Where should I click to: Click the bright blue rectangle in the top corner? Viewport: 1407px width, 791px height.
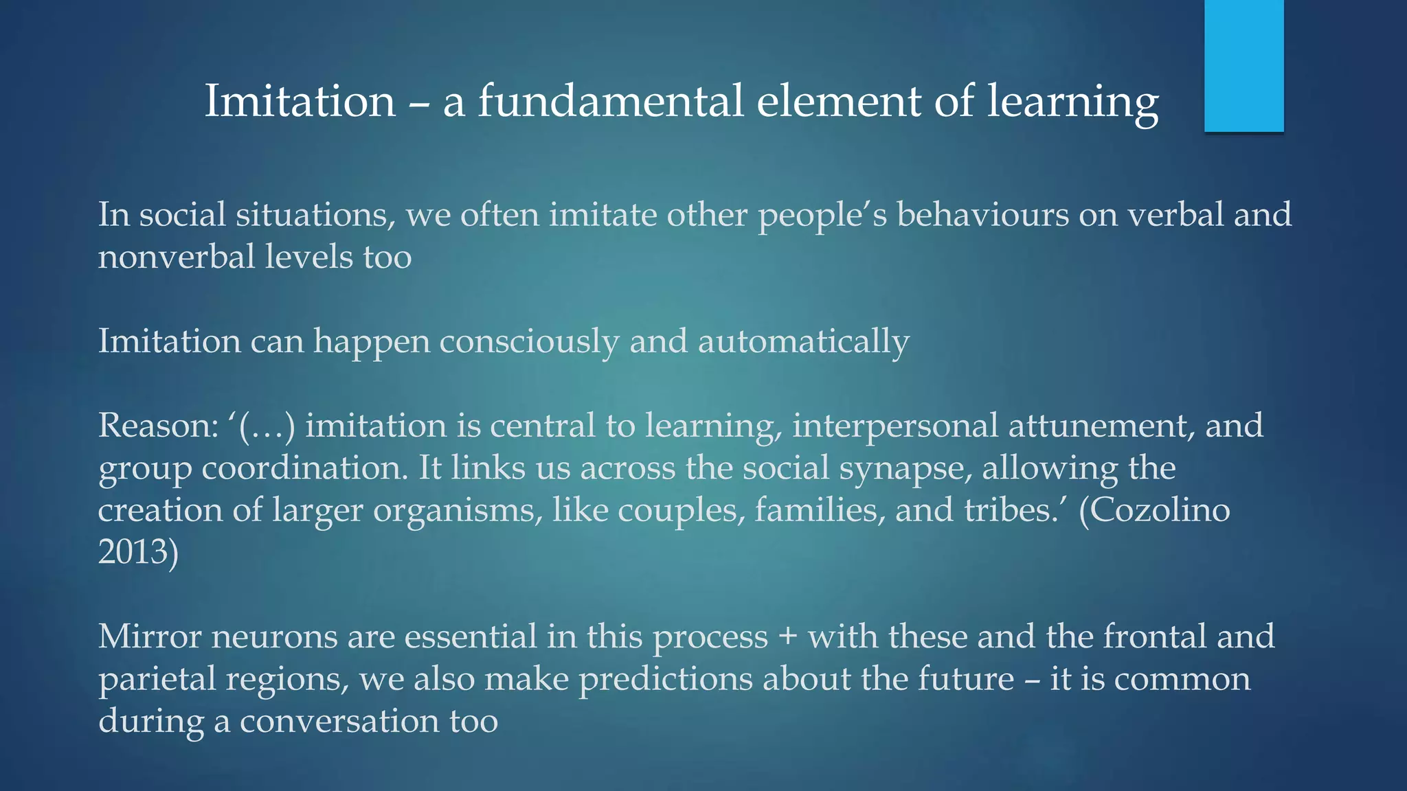[1243, 65]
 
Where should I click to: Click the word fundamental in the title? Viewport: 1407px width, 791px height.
[611, 101]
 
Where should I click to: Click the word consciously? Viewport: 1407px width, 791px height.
[529, 341]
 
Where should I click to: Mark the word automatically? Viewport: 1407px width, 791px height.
[804, 341]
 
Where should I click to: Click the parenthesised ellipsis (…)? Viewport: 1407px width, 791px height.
[267, 426]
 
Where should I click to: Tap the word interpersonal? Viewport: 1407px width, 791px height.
[895, 426]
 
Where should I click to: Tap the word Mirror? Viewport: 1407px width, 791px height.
[149, 637]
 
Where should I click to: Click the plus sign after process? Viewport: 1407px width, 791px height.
[788, 637]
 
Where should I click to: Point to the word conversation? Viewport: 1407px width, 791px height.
[339, 721]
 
